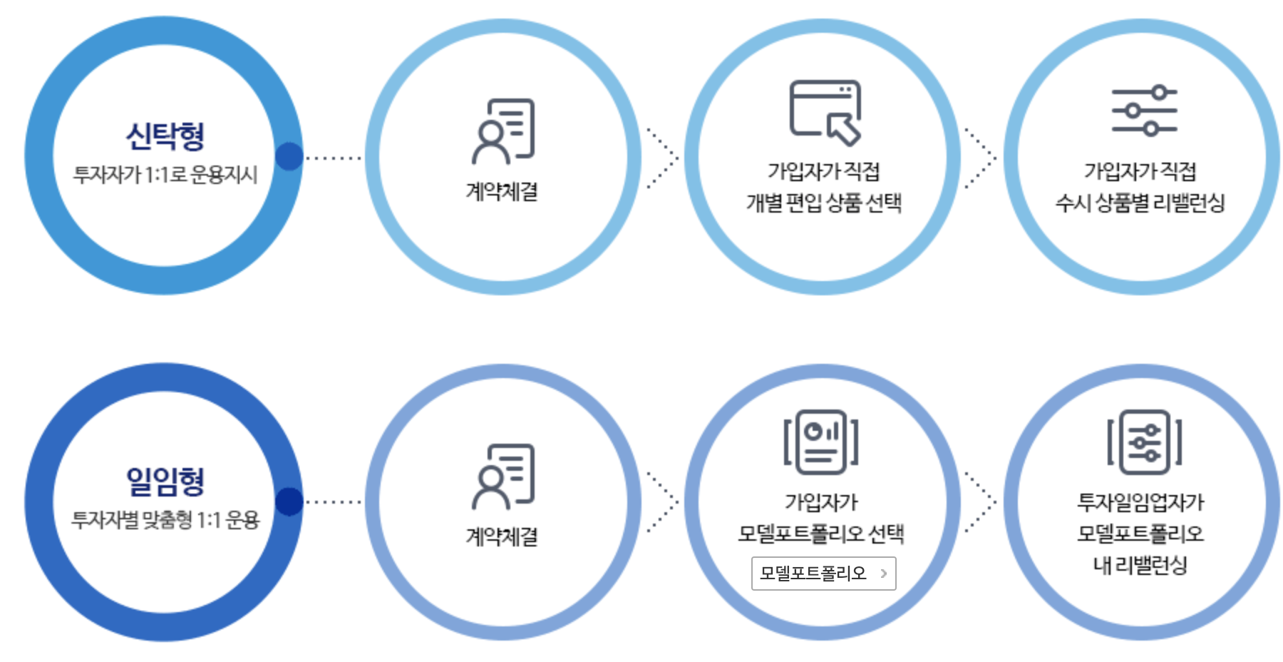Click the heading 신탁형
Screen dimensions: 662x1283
pyautogui.click(x=165, y=136)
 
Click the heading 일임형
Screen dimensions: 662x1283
pyautogui.click(x=165, y=481)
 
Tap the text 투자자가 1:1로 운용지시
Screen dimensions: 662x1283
pyautogui.click(x=165, y=175)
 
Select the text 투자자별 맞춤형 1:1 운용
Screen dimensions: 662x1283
pyautogui.click(x=165, y=520)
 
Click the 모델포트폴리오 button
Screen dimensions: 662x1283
pyautogui.click(x=823, y=574)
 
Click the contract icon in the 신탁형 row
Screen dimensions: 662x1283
pyautogui.click(x=503, y=131)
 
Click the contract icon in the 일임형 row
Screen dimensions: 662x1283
pyautogui.click(x=503, y=477)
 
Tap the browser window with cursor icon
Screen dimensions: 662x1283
pyautogui.click(x=825, y=112)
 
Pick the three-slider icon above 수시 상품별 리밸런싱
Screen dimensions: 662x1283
pyautogui.click(x=1144, y=111)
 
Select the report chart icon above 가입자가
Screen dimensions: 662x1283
pyautogui.click(x=821, y=442)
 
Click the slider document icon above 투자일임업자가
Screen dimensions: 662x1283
pyautogui.click(x=1144, y=442)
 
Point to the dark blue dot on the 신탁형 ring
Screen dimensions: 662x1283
pyautogui.click(x=289, y=156)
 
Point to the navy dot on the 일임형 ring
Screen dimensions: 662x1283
pyautogui.click(x=289, y=501)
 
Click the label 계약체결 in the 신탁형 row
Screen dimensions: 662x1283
pyautogui.click(x=502, y=191)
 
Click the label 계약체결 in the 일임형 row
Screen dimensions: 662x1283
pyautogui.click(x=502, y=536)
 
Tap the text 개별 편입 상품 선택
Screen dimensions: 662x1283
pyautogui.click(x=823, y=203)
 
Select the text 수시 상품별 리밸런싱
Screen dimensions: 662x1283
pyautogui.click(x=1140, y=203)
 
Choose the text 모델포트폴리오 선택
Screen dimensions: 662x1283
pyautogui.click(x=821, y=534)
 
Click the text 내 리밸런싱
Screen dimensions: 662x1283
pyautogui.click(x=1140, y=565)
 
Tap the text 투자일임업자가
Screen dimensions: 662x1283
pyautogui.click(x=1140, y=502)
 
